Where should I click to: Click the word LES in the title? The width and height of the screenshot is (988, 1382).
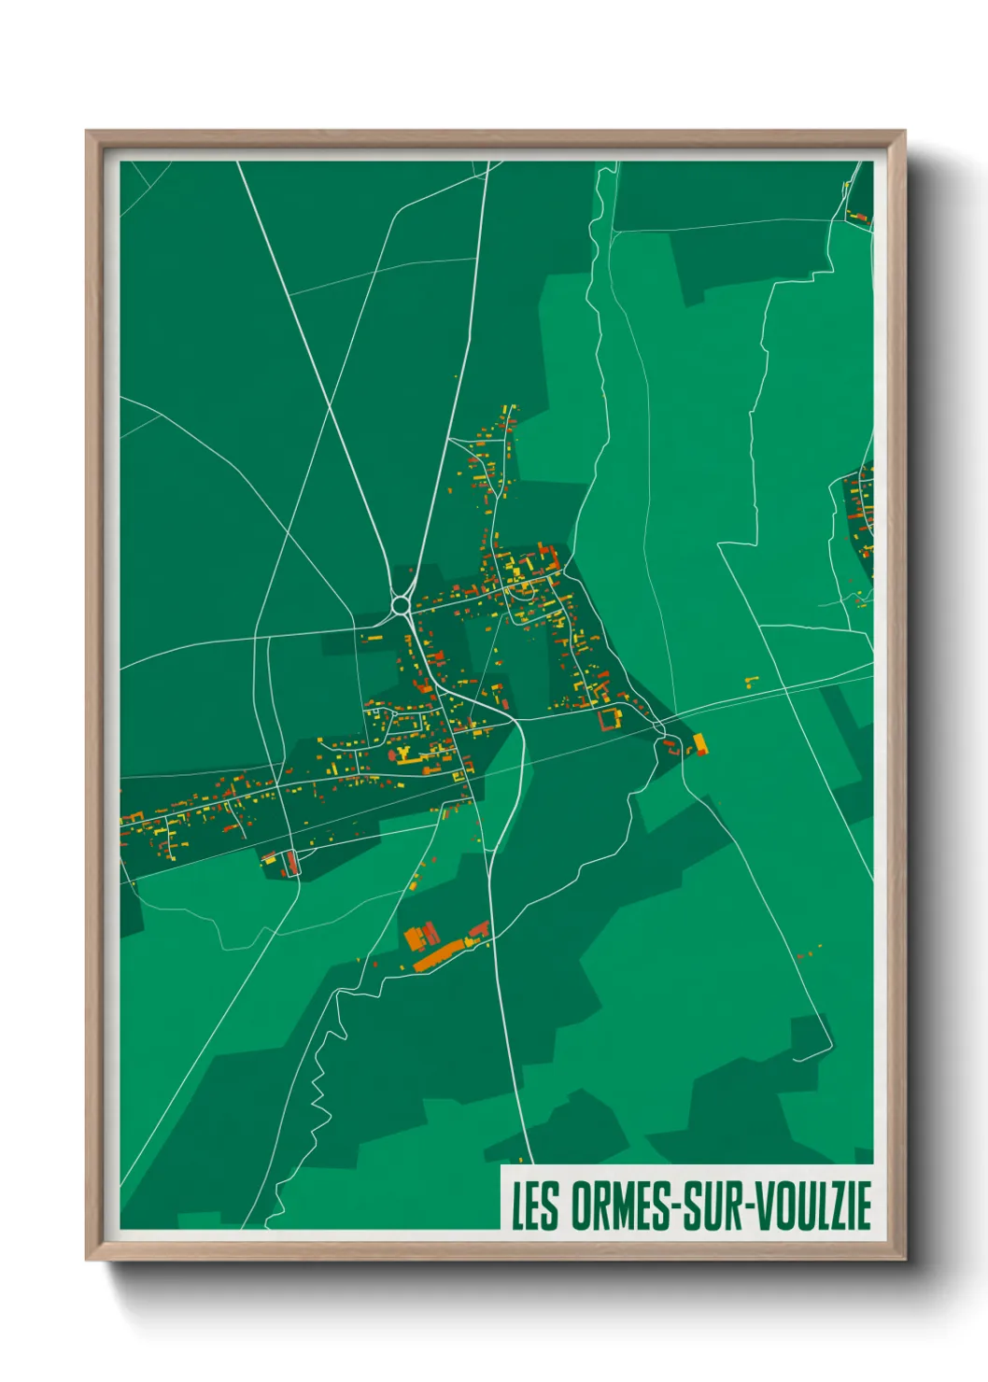tap(534, 1206)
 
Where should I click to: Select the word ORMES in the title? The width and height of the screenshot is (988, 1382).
tap(617, 1206)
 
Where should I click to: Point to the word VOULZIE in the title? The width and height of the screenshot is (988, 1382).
tap(812, 1206)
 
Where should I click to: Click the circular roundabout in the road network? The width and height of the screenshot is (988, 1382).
tap(402, 606)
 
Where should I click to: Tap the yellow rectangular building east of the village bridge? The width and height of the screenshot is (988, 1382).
tap(699, 743)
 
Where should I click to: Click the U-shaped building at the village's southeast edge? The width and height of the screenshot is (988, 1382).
tap(610, 718)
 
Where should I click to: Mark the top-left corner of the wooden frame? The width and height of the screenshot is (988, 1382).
tap(87, 132)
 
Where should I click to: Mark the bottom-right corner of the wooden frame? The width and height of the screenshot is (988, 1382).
tap(904, 1260)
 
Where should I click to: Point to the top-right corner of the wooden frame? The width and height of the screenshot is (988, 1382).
tap(904, 132)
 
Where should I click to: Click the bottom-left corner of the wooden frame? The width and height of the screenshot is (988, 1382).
tap(87, 1260)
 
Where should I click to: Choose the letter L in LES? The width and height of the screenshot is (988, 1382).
tap(516, 1206)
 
